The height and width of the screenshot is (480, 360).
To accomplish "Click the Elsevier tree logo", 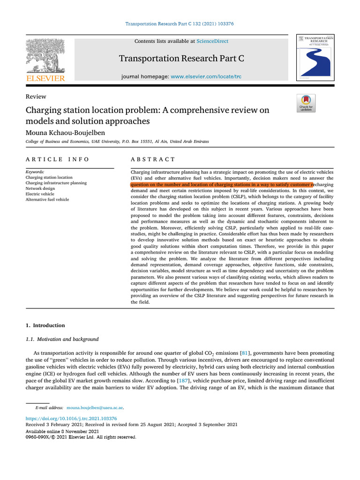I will (45, 56).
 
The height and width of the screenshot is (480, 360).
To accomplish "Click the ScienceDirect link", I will (212, 41).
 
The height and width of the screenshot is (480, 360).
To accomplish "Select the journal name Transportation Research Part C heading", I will (181, 59).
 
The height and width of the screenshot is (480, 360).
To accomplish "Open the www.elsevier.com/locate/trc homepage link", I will (206, 76).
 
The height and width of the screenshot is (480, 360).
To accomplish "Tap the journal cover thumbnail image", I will (314, 57).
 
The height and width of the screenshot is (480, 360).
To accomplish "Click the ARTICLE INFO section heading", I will (57, 159).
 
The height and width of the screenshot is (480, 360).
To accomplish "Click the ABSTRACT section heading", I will (153, 159).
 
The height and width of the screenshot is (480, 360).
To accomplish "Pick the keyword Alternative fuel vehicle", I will (47, 199).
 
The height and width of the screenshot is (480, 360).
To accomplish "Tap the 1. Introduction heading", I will (45, 325).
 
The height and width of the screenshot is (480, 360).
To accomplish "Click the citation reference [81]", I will (245, 352).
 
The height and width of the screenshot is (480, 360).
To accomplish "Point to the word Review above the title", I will (36, 97).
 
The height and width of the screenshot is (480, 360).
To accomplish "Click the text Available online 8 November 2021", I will (62, 431).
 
